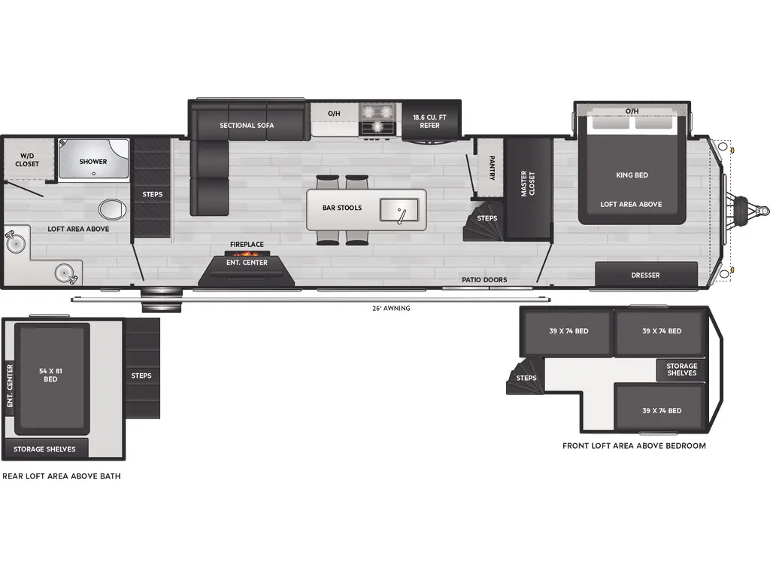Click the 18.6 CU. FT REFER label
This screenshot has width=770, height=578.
[x=429, y=120]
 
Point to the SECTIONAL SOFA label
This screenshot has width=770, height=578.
[x=247, y=125]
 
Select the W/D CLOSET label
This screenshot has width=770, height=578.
[x=27, y=159]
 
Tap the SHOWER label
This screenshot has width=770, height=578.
[x=93, y=161]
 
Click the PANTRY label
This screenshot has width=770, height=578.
[x=491, y=168]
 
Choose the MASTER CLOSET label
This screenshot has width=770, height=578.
[x=528, y=184]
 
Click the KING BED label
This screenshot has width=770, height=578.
[x=632, y=175]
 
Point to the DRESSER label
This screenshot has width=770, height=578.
[x=645, y=275]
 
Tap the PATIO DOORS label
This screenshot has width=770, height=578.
[x=484, y=279]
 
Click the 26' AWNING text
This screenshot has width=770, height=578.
[x=392, y=308]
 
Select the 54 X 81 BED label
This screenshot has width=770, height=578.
[x=50, y=375]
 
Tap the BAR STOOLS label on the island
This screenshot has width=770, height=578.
[x=342, y=208]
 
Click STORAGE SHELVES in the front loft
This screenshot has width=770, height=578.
[x=681, y=370]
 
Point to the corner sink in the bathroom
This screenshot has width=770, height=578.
[x=13, y=242]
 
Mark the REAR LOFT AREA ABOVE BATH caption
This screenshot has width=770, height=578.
[x=62, y=476]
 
